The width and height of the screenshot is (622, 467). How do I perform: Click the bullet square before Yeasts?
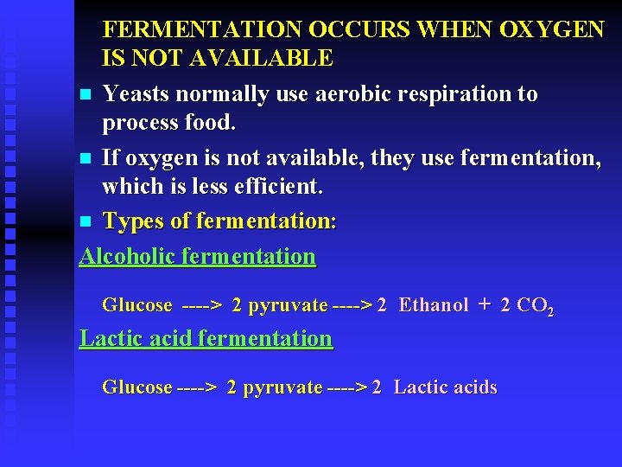point(85,94)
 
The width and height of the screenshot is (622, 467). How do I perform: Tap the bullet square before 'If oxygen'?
point(85,158)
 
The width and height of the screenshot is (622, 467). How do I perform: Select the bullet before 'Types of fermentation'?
point(85,221)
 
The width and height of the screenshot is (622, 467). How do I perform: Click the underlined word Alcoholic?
point(129,256)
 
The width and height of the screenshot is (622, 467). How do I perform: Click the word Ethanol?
point(434,304)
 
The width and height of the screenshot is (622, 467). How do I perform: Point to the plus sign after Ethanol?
point(484,304)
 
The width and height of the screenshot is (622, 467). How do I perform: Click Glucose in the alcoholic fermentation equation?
point(137,304)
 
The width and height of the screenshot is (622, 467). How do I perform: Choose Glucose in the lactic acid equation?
point(137,387)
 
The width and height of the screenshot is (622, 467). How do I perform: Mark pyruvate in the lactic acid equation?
point(282,387)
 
